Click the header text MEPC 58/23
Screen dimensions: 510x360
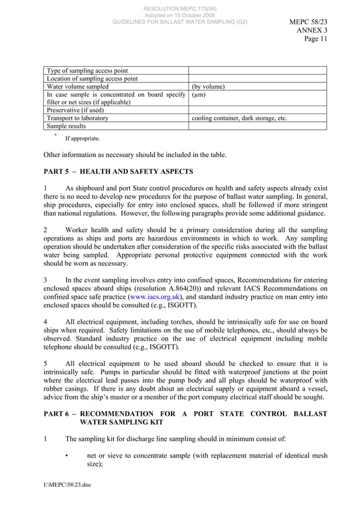(x=308, y=22)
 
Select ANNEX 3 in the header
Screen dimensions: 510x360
(x=312, y=30)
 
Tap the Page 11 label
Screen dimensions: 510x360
(x=315, y=39)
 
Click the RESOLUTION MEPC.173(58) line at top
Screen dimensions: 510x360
(x=179, y=8)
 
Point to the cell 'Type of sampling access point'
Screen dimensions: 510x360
(x=87, y=71)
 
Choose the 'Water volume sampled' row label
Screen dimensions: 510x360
(x=78, y=87)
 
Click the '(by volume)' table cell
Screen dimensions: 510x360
(x=208, y=87)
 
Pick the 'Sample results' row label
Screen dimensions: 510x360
(x=65, y=127)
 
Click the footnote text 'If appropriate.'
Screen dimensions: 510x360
(x=82, y=138)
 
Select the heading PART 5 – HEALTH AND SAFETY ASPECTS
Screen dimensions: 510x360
(x=118, y=171)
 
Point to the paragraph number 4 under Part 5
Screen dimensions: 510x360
(x=46, y=321)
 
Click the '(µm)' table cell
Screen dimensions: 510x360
(x=199, y=95)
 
